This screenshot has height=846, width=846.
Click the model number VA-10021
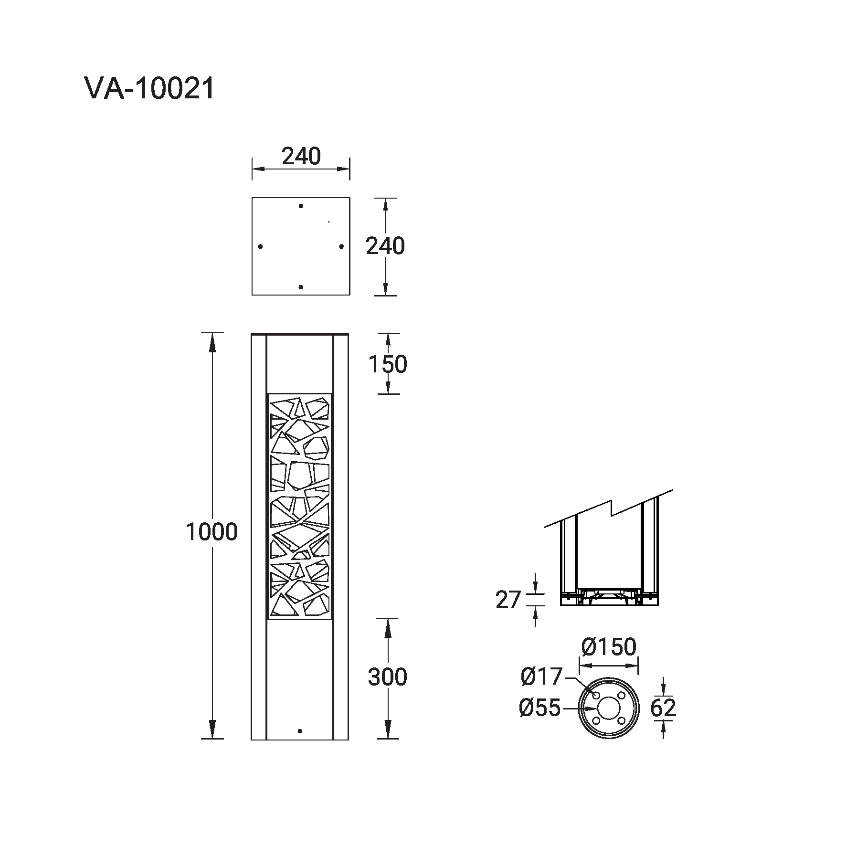coord(150,89)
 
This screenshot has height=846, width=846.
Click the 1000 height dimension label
coord(211,532)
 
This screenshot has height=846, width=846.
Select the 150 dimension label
coord(388,364)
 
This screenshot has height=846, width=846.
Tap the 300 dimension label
coord(387,677)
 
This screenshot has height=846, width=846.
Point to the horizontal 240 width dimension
coord(301,156)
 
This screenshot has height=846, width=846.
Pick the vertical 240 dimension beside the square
coord(385,246)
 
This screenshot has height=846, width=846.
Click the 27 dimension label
coord(508,600)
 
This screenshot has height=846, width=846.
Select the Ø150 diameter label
coord(609,647)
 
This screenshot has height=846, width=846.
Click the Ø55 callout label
coord(539,708)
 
